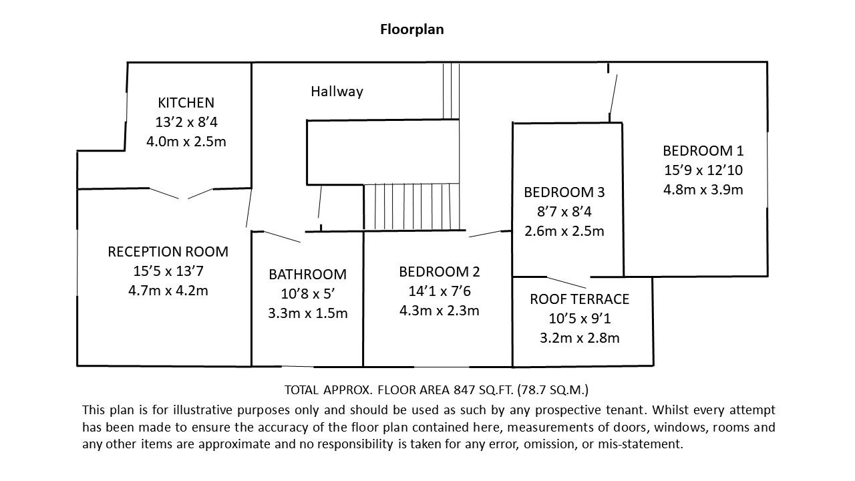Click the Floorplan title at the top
click(412, 29)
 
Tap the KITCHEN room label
click(186, 103)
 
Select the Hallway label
click(337, 92)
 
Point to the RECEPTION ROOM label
click(168, 252)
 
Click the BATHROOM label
click(308, 275)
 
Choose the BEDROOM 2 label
click(440, 272)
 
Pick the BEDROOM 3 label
click(564, 192)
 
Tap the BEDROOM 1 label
click(703, 151)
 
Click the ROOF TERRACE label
click(579, 299)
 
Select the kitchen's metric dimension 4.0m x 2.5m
click(186, 142)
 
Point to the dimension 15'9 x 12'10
click(703, 170)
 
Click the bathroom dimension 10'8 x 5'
click(308, 294)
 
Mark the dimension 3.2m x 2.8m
click(579, 338)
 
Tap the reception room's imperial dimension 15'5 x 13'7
click(168, 271)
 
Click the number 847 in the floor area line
click(464, 389)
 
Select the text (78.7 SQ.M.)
click(552, 389)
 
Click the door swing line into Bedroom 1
click(613, 94)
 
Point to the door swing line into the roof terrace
click(566, 282)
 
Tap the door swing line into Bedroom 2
click(485, 234)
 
